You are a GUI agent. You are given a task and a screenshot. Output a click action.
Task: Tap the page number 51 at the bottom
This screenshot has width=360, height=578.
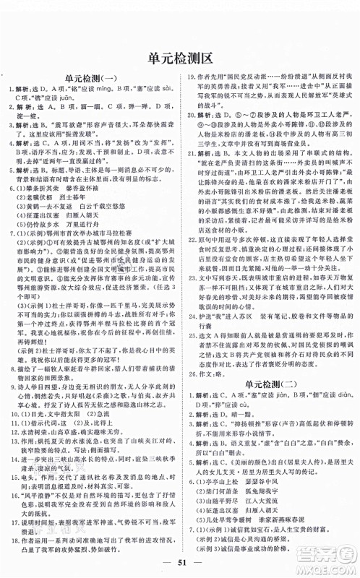click(180, 558)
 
